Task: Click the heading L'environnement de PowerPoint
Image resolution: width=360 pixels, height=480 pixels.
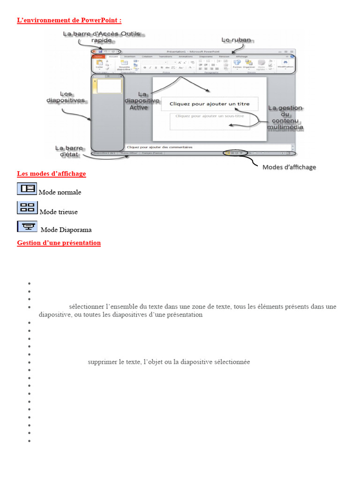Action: tap(69, 20)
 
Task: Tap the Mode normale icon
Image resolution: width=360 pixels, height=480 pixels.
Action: tap(27, 188)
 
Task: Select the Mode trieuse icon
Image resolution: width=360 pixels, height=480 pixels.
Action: tap(27, 208)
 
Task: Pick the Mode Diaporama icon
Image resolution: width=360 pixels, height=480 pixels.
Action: tap(27, 227)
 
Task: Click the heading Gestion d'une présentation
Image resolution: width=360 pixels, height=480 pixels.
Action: tap(59, 243)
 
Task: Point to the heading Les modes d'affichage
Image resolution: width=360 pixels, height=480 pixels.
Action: tap(52, 174)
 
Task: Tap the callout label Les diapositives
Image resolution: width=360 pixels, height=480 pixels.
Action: tap(66, 97)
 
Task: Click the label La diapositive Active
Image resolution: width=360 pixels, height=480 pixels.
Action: tap(138, 100)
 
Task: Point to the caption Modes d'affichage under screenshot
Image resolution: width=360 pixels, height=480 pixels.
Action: tap(289, 167)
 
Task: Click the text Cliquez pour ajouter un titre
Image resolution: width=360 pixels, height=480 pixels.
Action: tap(210, 104)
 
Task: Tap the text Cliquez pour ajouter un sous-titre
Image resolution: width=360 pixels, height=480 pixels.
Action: tap(210, 116)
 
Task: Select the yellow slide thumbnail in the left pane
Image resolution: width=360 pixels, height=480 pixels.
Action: tap(109, 86)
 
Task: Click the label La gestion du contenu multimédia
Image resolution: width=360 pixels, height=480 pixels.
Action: tap(285, 117)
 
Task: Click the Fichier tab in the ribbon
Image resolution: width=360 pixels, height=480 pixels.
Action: tap(98, 56)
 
